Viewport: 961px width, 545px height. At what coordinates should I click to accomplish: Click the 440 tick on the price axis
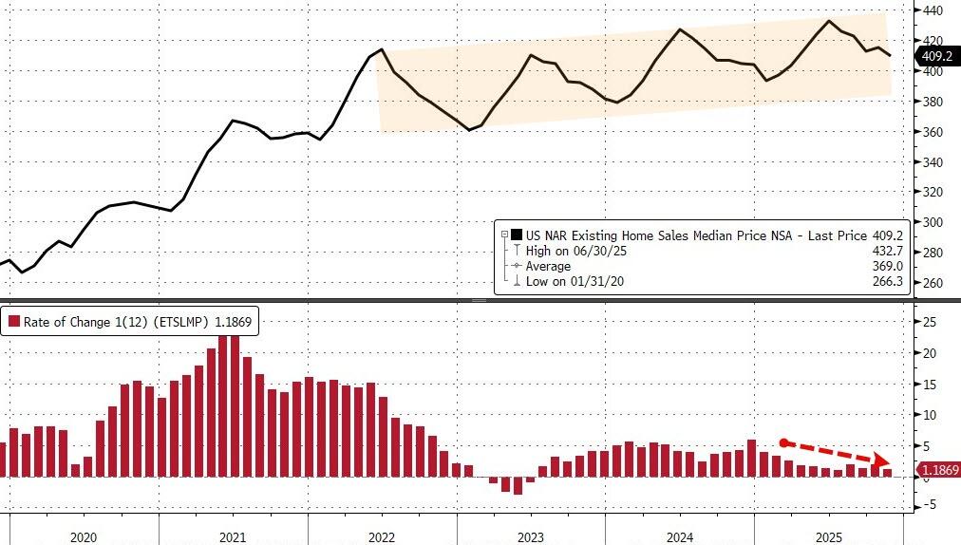point(933,10)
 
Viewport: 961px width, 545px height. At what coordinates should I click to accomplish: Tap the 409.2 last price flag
point(934,56)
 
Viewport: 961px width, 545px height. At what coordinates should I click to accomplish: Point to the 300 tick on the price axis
point(933,222)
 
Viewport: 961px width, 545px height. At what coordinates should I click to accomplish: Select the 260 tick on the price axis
point(933,283)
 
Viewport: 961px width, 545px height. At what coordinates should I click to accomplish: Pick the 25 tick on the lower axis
point(930,323)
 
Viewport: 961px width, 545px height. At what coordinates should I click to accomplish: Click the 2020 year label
point(84,536)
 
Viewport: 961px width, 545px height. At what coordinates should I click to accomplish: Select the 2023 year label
point(531,536)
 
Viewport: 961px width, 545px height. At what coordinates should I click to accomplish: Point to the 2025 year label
point(829,536)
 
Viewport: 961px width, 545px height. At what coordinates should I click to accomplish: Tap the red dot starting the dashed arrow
point(782,442)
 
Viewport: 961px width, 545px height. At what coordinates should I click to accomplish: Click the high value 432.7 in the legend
point(882,251)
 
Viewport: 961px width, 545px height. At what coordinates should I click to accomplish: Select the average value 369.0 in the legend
point(882,266)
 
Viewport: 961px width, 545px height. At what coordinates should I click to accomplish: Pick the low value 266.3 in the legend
point(882,281)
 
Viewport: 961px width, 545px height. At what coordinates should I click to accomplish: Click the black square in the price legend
point(517,235)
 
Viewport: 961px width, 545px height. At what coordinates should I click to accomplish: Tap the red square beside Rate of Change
point(14,322)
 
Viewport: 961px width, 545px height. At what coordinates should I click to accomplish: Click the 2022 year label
point(382,536)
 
